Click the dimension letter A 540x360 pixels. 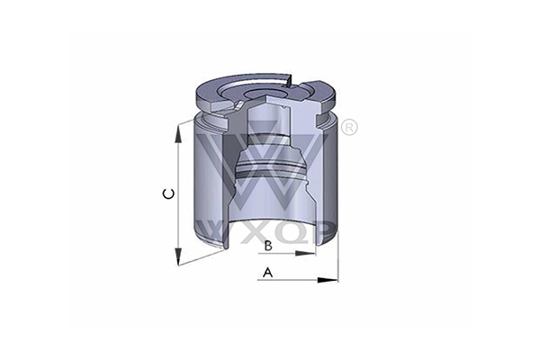[x=267, y=272]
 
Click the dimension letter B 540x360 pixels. [x=268, y=246]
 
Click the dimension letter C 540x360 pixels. [x=168, y=194]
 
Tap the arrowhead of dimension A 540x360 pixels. [x=328, y=280]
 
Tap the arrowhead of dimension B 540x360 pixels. [x=305, y=254]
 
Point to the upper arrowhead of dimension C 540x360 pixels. [x=178, y=134]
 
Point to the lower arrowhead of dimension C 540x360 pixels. [x=178, y=256]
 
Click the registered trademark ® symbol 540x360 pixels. [x=349, y=128]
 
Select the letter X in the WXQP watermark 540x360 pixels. [x=256, y=232]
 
